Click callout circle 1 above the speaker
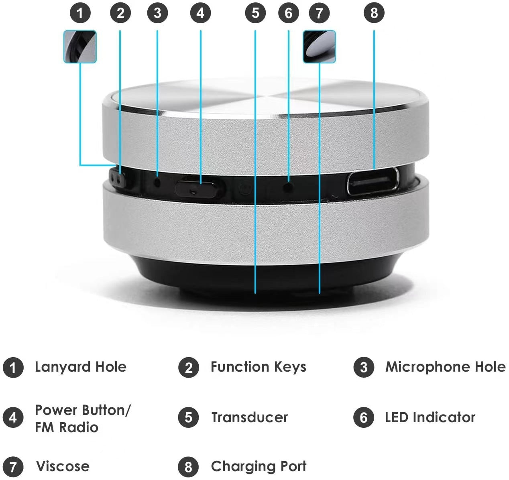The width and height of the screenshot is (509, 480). [80, 13]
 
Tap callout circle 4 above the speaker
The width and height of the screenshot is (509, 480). [200, 13]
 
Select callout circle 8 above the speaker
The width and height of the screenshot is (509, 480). [374, 13]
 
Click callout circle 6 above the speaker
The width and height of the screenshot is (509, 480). [288, 13]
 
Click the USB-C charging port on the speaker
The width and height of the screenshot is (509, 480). [373, 181]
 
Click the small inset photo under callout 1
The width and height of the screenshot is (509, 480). [80, 47]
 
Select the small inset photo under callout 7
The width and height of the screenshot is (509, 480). [319, 47]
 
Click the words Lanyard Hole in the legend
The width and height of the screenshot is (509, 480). [80, 367]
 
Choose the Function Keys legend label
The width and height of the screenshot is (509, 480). [258, 367]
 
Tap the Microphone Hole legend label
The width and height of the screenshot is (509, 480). [445, 367]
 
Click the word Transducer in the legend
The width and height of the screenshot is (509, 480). [249, 417]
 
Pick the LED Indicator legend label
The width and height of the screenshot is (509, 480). [430, 417]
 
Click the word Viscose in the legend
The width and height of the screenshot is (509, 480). [63, 466]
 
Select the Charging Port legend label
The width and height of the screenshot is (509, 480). [259, 466]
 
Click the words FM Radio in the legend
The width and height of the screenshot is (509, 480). [67, 427]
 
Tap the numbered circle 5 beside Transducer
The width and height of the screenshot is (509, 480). [189, 417]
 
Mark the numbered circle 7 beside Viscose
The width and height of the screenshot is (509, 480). [13, 467]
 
